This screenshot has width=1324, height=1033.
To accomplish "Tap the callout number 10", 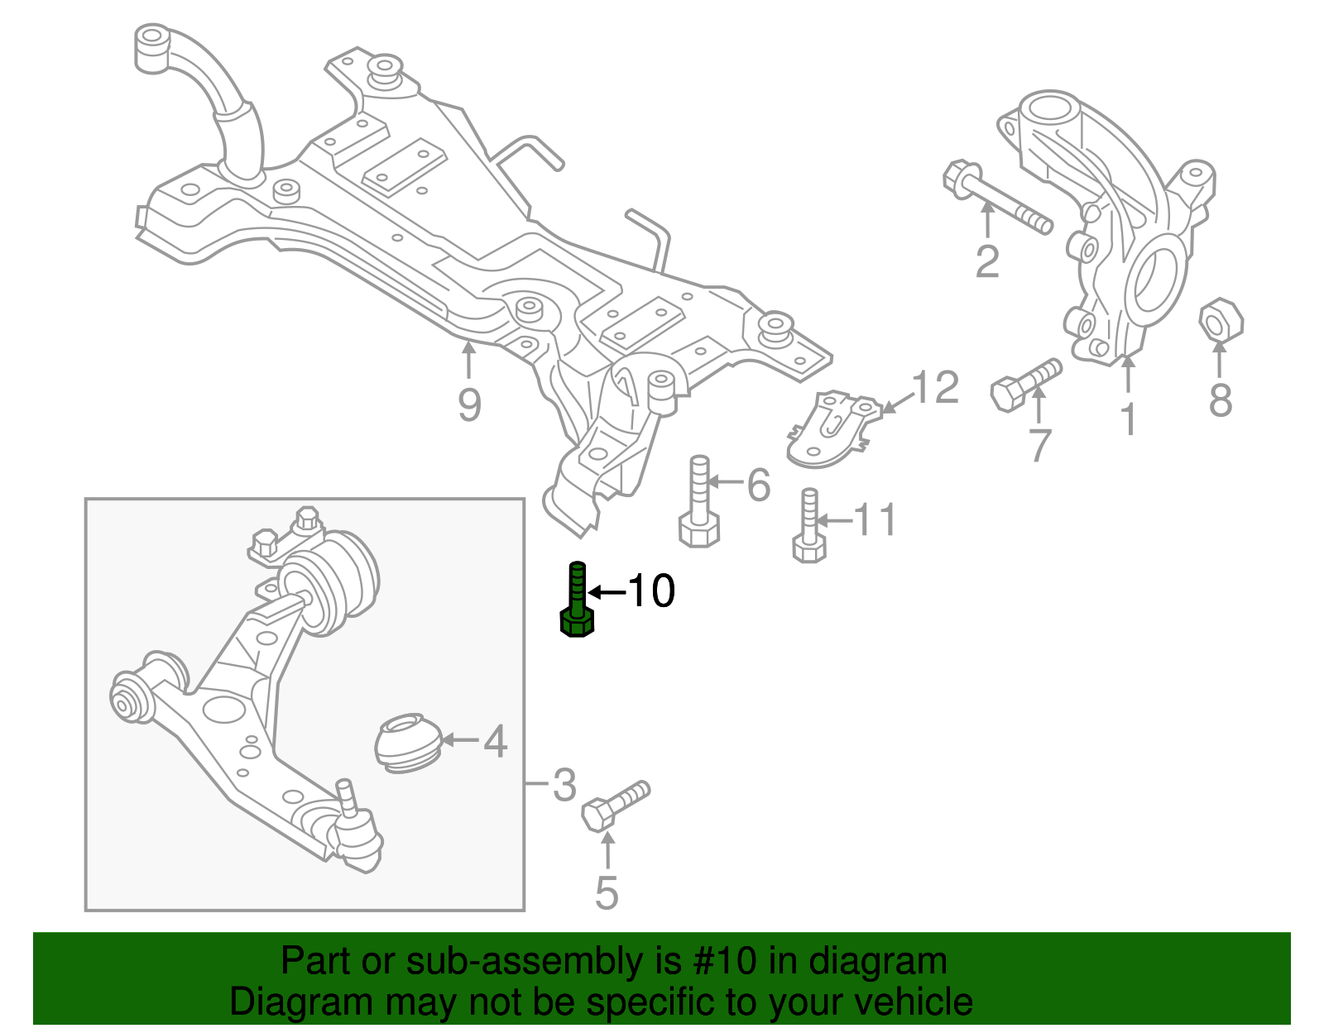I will tap(651, 591).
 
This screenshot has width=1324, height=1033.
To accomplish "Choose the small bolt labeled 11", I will tap(808, 528).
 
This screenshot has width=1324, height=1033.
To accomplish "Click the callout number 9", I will tap(469, 405).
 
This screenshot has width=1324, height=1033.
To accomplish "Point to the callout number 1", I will tap(1129, 419).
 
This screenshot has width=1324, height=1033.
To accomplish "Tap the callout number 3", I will tap(564, 784).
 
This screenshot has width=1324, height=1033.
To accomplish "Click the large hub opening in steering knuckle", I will tap(1152, 279).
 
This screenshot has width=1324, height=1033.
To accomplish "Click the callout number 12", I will tap(935, 387).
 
